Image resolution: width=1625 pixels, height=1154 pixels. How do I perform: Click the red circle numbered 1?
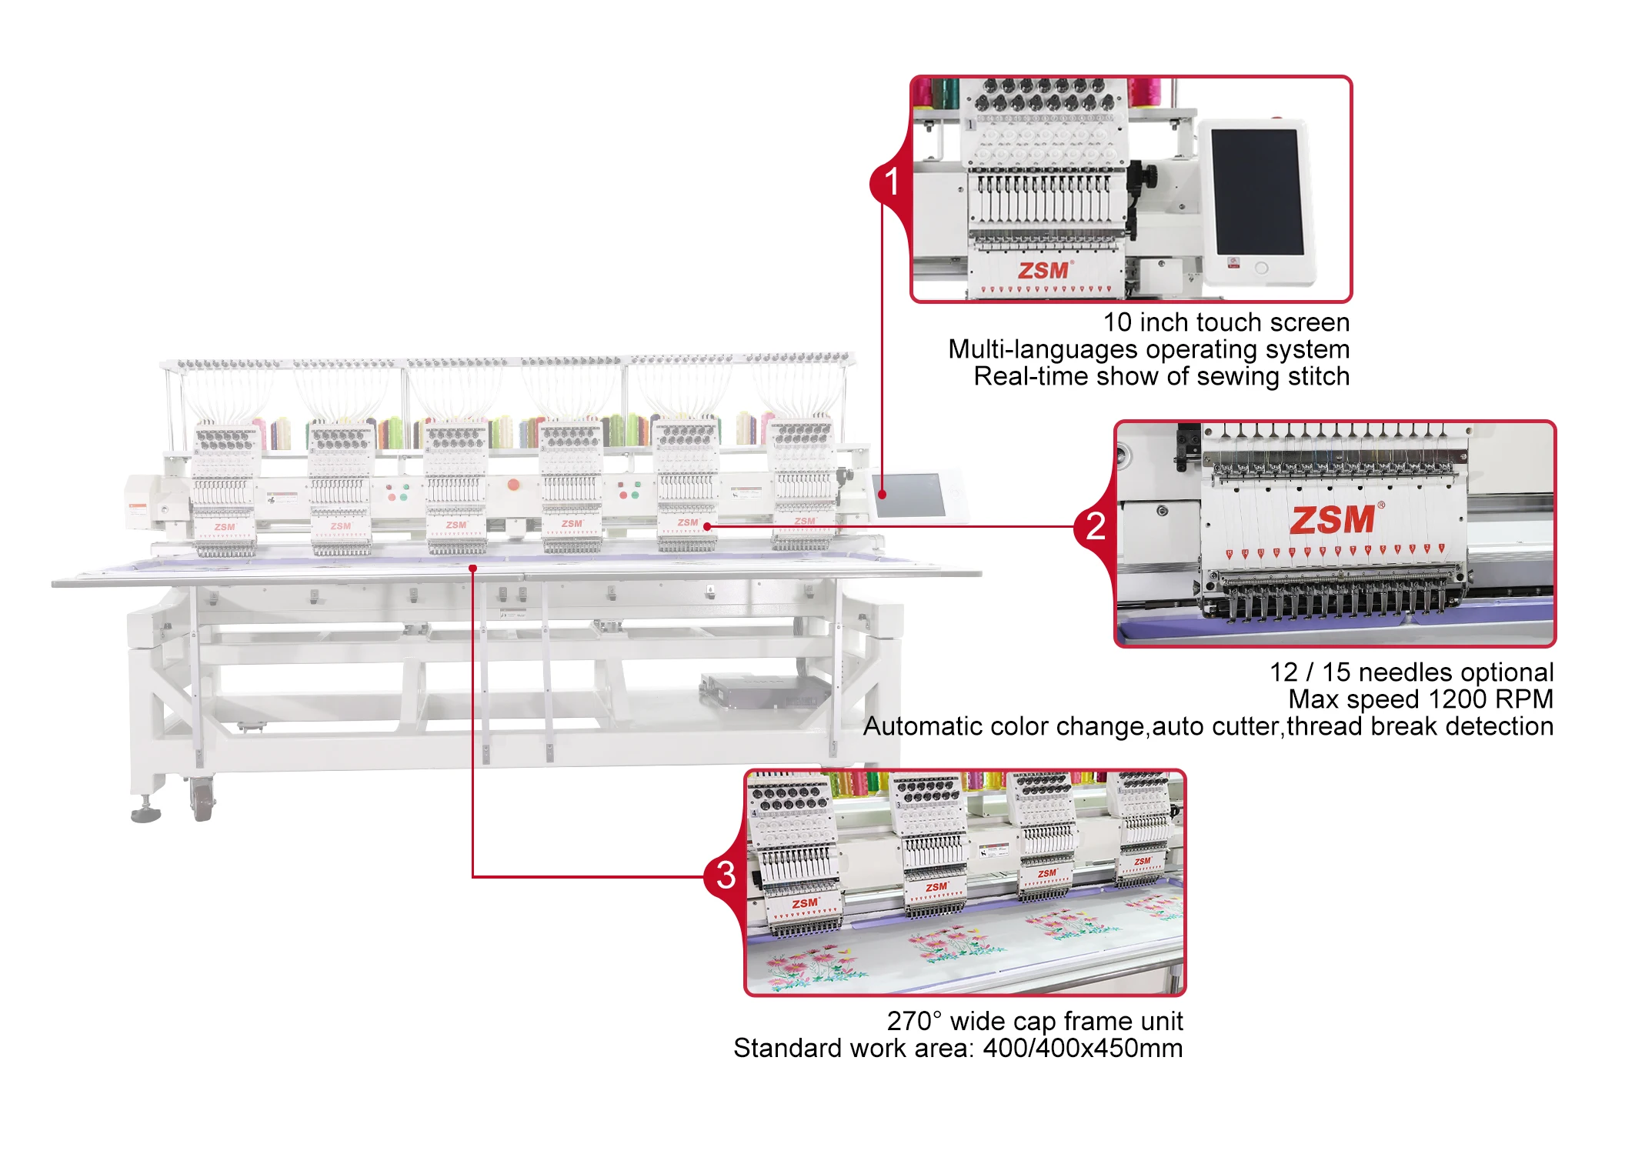891,183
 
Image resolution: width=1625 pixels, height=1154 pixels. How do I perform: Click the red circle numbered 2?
1095,527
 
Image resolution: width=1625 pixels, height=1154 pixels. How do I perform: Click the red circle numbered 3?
726,876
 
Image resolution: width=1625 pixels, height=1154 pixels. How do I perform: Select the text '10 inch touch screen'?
1226,322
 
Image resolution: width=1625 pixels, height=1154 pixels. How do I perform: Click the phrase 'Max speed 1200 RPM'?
1420,699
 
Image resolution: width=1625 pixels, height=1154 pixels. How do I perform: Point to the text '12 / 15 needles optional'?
1411,672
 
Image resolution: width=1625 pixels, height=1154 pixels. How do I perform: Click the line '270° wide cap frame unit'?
1034,1021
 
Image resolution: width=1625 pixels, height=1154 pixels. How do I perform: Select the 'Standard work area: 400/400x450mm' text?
957,1048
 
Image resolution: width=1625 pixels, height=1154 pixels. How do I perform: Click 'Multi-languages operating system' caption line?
1148,349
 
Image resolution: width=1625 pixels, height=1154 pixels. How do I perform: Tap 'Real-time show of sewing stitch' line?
1160,376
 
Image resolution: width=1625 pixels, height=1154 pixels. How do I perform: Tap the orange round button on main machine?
513,485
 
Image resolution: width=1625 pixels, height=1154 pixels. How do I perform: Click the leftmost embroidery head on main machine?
224,489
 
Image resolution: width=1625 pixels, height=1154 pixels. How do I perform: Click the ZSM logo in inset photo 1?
1043,271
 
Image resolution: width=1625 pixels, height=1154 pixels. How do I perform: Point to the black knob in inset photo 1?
1148,176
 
